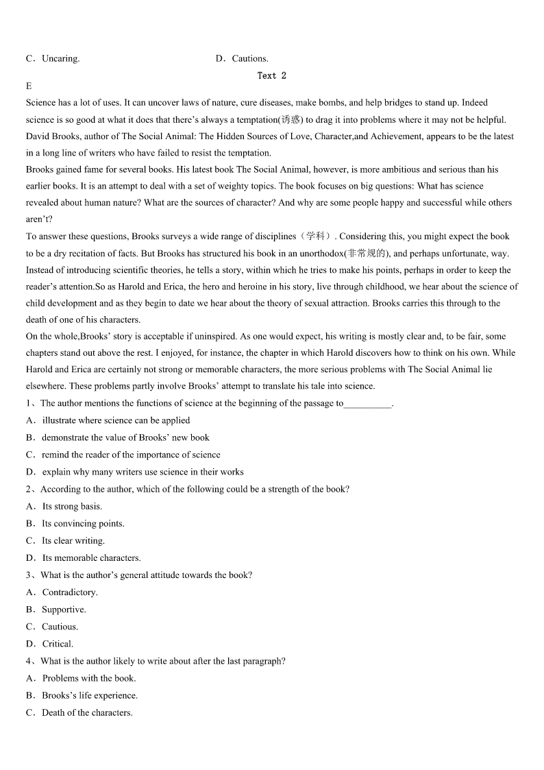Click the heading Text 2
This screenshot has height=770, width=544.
click(x=271, y=75)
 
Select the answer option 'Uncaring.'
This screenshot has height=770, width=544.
click(x=60, y=58)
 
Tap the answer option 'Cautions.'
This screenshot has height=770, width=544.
click(x=250, y=58)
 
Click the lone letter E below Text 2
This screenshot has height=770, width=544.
click(x=29, y=86)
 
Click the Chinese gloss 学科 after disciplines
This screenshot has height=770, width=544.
click(x=315, y=237)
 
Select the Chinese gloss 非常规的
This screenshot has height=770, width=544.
click(x=367, y=254)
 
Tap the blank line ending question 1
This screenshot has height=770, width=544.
click(x=367, y=404)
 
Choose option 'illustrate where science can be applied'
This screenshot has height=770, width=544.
click(x=116, y=420)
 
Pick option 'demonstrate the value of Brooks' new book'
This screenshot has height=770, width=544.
click(x=125, y=437)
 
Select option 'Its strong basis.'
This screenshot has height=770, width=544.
click(x=72, y=506)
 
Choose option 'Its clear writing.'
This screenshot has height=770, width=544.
click(x=73, y=540)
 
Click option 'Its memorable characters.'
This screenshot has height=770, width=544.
click(x=91, y=557)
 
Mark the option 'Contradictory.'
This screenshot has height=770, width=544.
click(x=70, y=592)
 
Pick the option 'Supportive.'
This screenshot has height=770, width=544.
click(x=64, y=609)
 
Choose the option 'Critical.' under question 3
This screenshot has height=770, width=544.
click(x=58, y=643)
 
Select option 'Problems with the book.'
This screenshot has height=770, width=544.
click(x=89, y=678)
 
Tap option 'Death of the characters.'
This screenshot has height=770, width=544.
click(x=87, y=712)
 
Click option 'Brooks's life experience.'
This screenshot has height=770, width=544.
click(x=90, y=695)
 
